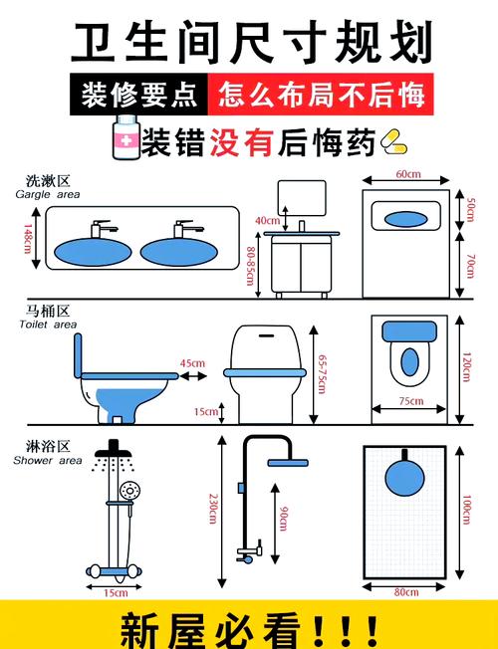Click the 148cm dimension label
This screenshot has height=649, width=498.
tap(28, 239)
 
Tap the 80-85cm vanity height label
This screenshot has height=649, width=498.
tap(250, 266)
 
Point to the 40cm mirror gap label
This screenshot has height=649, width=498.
tap(267, 221)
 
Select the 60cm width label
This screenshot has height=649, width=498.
tap(408, 174)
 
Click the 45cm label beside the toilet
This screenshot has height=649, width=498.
tap(192, 363)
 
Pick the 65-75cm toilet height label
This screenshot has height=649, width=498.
tap(322, 373)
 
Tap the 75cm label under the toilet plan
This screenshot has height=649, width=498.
tap(411, 401)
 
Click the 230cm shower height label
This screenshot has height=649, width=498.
tap(213, 509)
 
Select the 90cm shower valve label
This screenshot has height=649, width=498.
tap(283, 519)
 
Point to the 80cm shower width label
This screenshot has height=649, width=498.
tap(406, 592)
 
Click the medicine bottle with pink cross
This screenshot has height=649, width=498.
tap(126, 137)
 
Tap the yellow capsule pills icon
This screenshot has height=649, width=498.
tap(393, 141)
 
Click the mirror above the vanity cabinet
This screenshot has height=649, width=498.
tap(302, 198)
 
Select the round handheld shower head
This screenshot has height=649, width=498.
tap(130, 491)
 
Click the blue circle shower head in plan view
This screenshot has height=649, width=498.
tap(404, 478)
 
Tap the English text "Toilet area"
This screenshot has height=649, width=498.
tap(48, 324)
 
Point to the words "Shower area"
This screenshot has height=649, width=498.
tap(48, 460)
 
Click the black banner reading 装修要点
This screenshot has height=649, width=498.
tap(138, 95)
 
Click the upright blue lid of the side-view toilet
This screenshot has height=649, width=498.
tap(78, 355)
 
